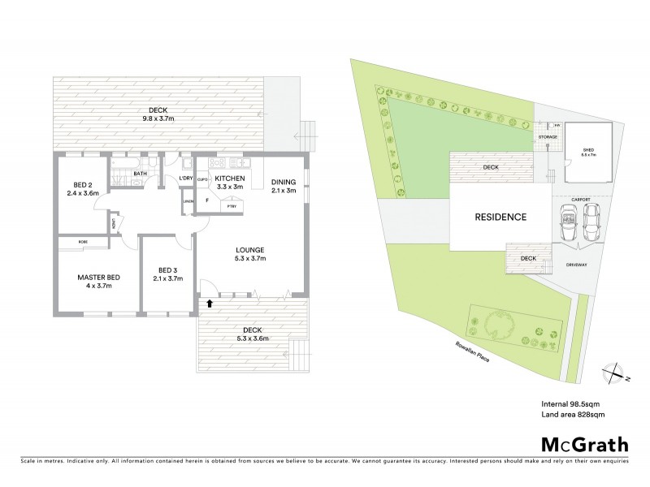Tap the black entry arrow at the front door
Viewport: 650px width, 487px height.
[210, 304]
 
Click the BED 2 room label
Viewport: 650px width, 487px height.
[82, 184]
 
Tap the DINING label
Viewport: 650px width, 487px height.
[284, 182]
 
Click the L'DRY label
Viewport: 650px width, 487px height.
[184, 179]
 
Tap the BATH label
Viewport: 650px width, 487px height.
[141, 173]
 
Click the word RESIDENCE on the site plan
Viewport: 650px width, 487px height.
[501, 218]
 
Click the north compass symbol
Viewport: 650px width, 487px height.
[614, 374]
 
